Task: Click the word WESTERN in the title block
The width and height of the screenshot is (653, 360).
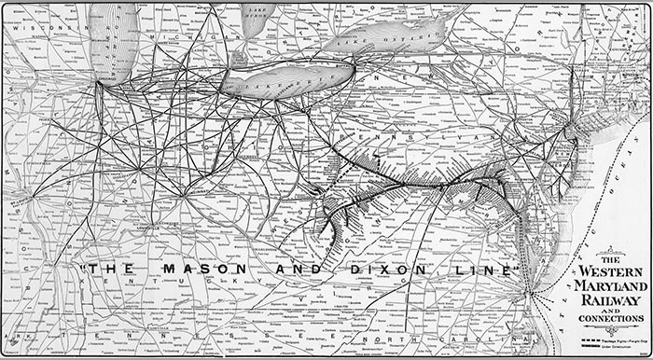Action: [611, 272]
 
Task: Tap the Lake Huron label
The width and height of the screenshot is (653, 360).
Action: [254, 11]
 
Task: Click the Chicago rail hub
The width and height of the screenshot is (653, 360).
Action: [98, 84]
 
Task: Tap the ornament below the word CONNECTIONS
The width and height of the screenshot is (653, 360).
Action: [610, 328]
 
